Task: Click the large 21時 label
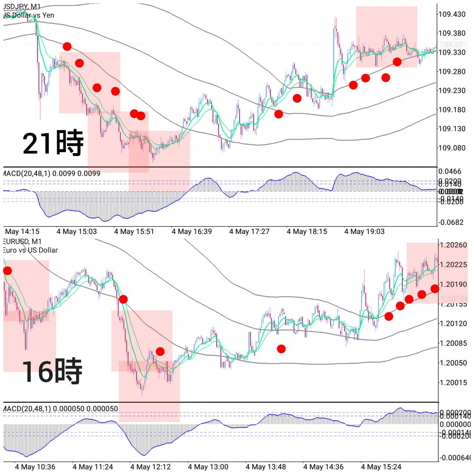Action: pos(53,143)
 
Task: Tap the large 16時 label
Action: pos(52,371)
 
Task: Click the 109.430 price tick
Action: pos(452,14)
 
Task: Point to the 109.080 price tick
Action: pos(452,148)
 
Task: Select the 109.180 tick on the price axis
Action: pos(452,110)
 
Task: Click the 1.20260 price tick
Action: pos(453,245)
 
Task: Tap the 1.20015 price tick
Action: pos(453,383)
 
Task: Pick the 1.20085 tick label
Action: pos(453,343)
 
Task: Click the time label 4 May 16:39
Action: pos(191,232)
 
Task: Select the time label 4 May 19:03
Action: pos(364,232)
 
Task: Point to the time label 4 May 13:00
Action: pos(208,467)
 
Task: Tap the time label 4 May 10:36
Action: pos(35,467)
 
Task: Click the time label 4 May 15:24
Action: pos(381,467)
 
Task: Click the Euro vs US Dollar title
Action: pos(30,250)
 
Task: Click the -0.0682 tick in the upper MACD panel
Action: pos(451,223)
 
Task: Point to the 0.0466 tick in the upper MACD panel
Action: pos(450,171)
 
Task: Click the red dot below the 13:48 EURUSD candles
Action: pos(281,349)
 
